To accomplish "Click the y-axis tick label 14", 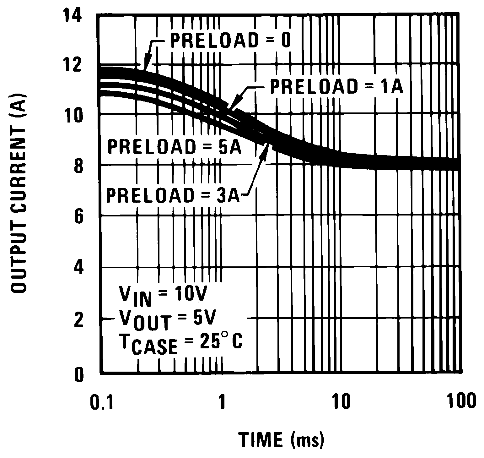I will tap(74, 16).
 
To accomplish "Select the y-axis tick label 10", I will tap(74, 116).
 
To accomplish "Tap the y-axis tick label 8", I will tap(78, 166).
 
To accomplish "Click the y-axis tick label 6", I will tap(78, 217).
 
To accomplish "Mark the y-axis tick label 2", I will tap(78, 320).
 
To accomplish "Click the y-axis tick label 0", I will tap(78, 375).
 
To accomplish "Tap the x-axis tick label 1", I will tap(222, 402).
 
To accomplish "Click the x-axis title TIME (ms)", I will tap(281, 439).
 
